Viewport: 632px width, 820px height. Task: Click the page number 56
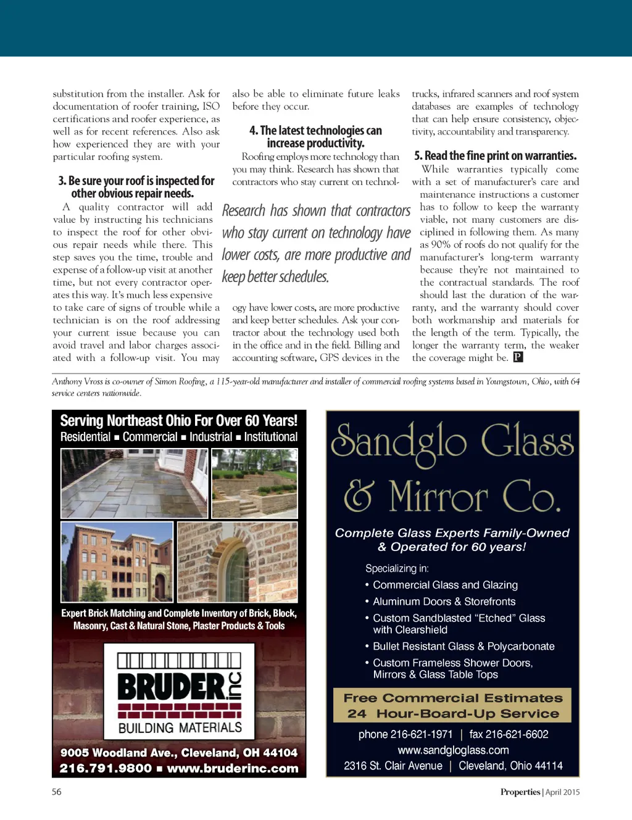[57, 792]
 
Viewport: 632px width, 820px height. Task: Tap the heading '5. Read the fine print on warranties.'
[495, 155]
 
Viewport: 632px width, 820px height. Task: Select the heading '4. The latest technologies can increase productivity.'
[315, 136]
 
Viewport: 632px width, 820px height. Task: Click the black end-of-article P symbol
[518, 357]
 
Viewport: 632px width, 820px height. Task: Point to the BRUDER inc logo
[180, 690]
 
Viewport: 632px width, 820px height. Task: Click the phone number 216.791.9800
[106, 768]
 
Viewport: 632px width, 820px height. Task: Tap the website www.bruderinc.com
[232, 768]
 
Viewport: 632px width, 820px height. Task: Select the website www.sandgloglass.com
[453, 750]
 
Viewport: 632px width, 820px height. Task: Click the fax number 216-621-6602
[509, 734]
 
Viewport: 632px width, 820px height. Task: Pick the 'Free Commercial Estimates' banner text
[453, 698]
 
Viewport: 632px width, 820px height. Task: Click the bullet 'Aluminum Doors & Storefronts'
[444, 602]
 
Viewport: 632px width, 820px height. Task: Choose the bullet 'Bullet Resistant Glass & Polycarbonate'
[464, 647]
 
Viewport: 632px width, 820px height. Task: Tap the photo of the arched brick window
[238, 562]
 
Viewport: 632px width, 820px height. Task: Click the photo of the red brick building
[117, 562]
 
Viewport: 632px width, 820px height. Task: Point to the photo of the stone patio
[135, 483]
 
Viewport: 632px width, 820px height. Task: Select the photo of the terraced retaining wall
[254, 483]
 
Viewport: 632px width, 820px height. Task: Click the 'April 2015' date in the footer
[562, 792]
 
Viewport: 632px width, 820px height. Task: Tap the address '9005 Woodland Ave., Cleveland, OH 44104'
[179, 753]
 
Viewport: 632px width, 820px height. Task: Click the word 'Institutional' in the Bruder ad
[270, 437]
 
